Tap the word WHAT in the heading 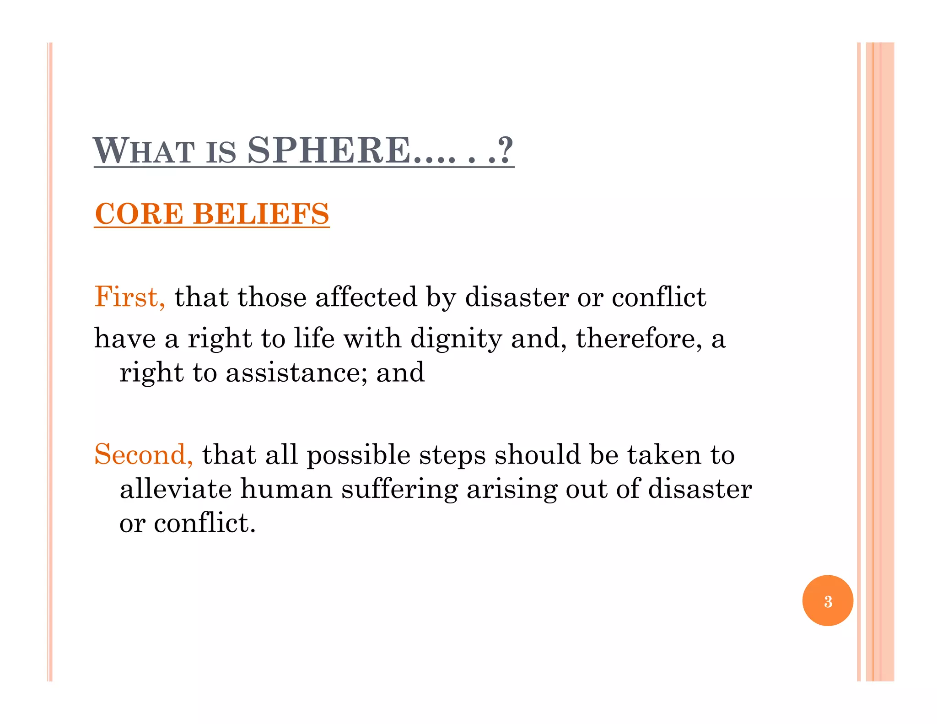[x=144, y=151]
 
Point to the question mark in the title [x=506, y=151]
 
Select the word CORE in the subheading [x=139, y=214]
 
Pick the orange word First [x=129, y=297]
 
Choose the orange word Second [x=143, y=454]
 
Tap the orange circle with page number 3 [x=827, y=600]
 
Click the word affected [x=366, y=297]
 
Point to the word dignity [x=456, y=339]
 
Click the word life [x=314, y=339]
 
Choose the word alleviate [x=176, y=489]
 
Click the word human [x=286, y=489]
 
